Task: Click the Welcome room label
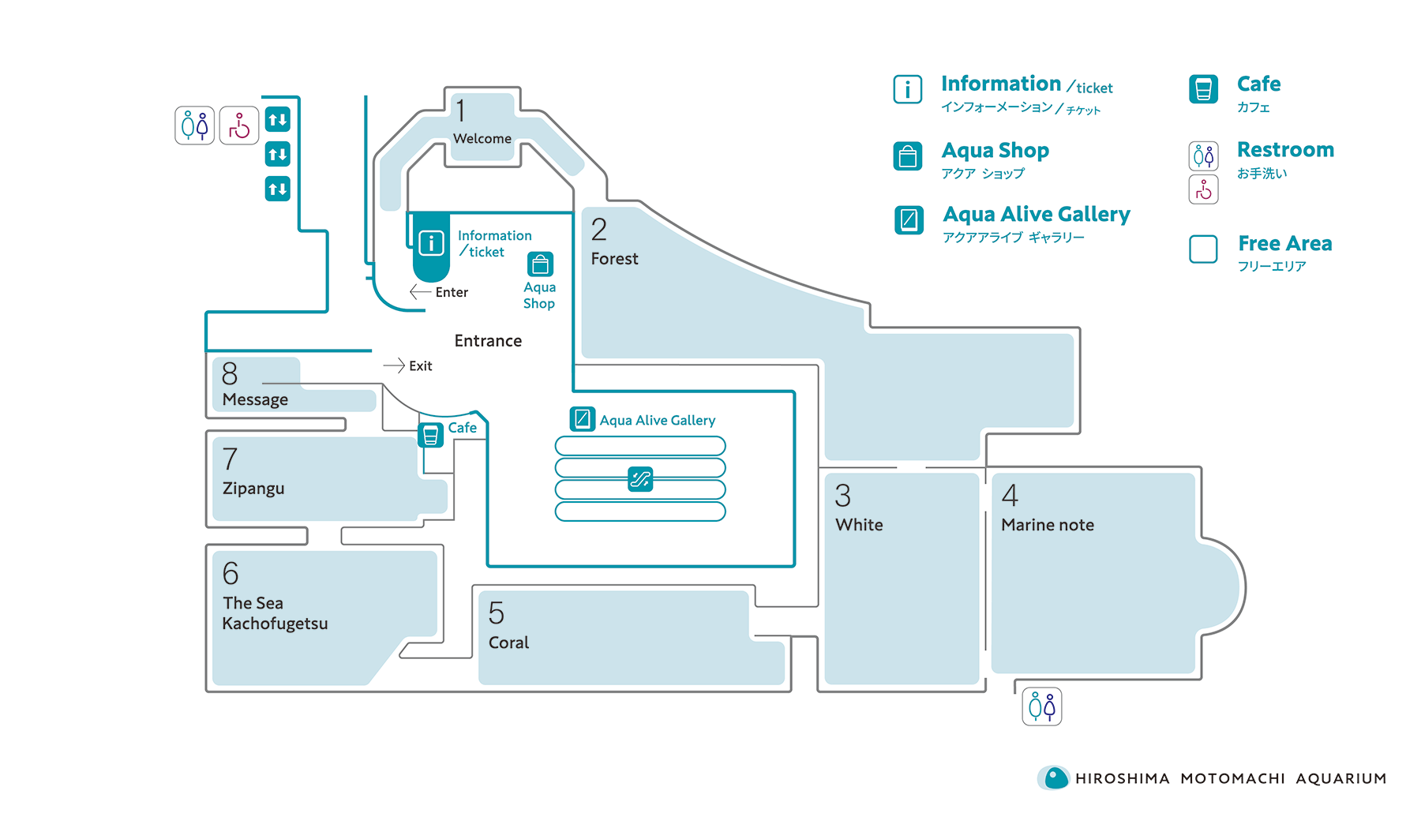(x=482, y=139)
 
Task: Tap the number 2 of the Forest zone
(x=599, y=230)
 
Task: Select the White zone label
(x=859, y=525)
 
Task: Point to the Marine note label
(x=1047, y=525)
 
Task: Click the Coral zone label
(x=508, y=643)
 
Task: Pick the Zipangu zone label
(x=253, y=489)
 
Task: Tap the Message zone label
(x=255, y=399)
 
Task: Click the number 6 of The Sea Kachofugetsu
(x=231, y=573)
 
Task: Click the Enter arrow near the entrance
(x=420, y=292)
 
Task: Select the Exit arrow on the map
(x=394, y=365)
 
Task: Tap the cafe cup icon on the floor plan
(x=430, y=435)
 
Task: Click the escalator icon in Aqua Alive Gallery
(x=640, y=478)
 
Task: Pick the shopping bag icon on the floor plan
(x=541, y=264)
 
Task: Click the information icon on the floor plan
(x=431, y=243)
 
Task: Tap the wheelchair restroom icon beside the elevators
(x=239, y=126)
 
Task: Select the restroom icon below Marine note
(x=1041, y=706)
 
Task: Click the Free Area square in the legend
(x=1203, y=249)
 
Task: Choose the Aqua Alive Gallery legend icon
(x=909, y=219)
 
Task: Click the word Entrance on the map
(x=488, y=341)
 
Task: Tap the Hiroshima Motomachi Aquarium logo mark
(x=1054, y=778)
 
